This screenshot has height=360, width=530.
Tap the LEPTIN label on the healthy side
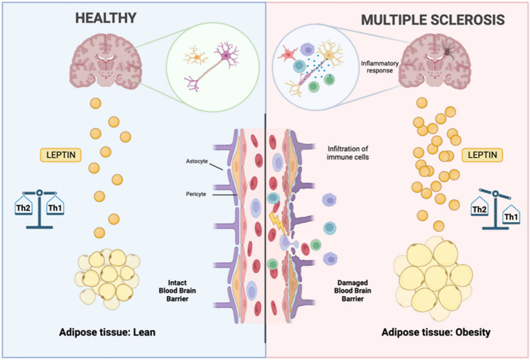[x=60, y=154]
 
